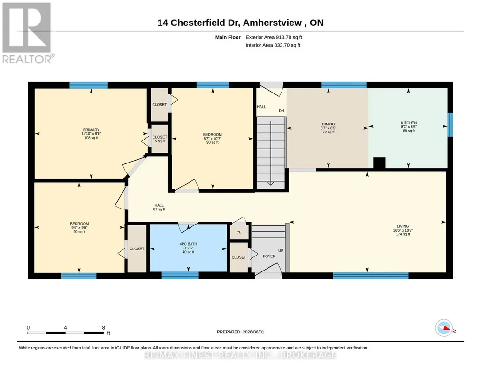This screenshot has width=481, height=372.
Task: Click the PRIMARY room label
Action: click(x=91, y=130)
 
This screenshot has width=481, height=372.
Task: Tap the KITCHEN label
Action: click(x=409, y=123)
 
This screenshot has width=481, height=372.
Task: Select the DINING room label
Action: click(x=328, y=124)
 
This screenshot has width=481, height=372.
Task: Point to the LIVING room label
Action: click(x=403, y=226)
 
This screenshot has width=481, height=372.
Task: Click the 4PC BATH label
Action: click(x=188, y=244)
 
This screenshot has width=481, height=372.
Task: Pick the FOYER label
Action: click(x=269, y=256)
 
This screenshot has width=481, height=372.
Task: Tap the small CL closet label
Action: click(x=239, y=232)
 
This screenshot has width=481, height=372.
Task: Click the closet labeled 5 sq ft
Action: click(x=160, y=139)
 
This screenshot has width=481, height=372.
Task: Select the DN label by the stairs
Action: click(x=281, y=111)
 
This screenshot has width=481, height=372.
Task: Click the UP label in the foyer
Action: click(x=281, y=250)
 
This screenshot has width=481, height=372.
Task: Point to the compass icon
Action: click(x=444, y=328)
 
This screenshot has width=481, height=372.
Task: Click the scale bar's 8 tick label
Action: click(x=104, y=327)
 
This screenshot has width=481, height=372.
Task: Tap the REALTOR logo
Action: click(x=28, y=33)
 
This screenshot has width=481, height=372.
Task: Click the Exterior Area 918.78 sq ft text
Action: click(x=274, y=37)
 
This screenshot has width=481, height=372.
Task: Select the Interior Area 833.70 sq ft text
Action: click(x=273, y=45)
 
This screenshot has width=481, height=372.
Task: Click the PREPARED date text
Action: click(x=240, y=332)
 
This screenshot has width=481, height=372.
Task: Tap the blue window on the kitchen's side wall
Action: click(x=450, y=124)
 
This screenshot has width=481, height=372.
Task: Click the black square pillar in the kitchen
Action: click(x=379, y=163)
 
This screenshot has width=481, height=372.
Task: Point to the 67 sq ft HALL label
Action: click(x=159, y=207)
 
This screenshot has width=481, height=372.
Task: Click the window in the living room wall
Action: click(x=371, y=276)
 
